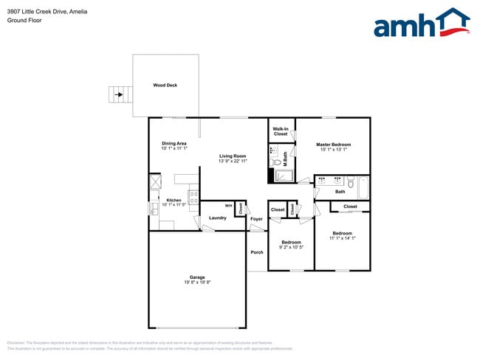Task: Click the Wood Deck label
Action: (165, 85)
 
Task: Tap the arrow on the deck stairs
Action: (116, 95)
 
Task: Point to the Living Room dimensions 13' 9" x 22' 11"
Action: (232, 161)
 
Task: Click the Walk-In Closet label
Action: (281, 131)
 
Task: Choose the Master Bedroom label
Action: (333, 144)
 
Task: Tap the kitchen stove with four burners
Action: (193, 197)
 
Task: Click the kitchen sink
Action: (154, 209)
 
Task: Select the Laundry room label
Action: (217, 218)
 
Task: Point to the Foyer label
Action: (256, 219)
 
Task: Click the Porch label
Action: (256, 252)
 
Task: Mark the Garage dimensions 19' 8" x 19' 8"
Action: (197, 282)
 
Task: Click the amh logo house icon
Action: (452, 21)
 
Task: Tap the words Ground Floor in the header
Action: (24, 20)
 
